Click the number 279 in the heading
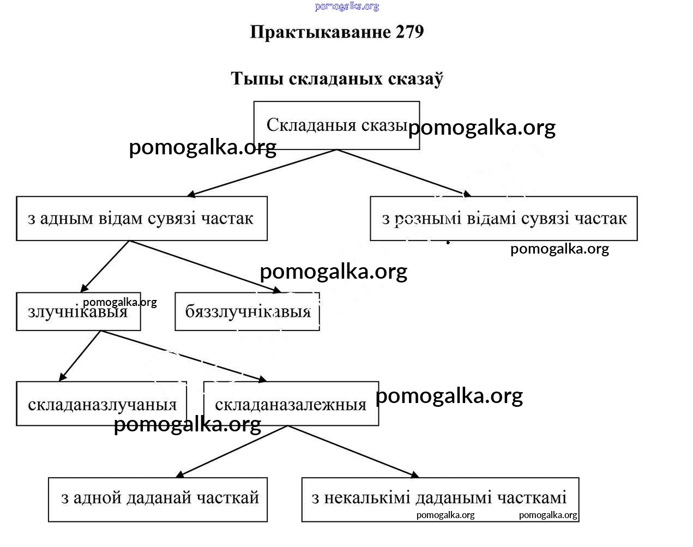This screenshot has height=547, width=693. (409, 32)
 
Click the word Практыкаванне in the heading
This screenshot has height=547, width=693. (321, 32)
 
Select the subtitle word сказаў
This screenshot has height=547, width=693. (415, 79)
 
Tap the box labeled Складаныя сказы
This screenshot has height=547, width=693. (336, 125)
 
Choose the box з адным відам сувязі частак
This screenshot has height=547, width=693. (142, 218)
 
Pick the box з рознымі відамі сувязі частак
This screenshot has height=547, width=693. (503, 218)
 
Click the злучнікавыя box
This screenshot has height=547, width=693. (78, 311)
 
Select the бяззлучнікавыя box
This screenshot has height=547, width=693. (247, 311)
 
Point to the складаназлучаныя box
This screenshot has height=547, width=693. (101, 404)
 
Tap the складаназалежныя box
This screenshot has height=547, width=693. (291, 404)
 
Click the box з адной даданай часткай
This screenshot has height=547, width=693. (158, 499)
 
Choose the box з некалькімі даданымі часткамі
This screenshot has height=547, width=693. (439, 499)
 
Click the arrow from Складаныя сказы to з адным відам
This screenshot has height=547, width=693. (262, 172)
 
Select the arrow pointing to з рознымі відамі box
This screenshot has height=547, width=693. (404, 172)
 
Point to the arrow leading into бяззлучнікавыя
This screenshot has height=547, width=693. (204, 266)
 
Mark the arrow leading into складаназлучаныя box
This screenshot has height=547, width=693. (80, 355)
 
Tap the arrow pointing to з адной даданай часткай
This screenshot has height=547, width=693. (231, 452)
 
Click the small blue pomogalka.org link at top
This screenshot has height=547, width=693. (347, 7)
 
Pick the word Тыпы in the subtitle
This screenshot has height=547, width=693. (257, 79)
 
